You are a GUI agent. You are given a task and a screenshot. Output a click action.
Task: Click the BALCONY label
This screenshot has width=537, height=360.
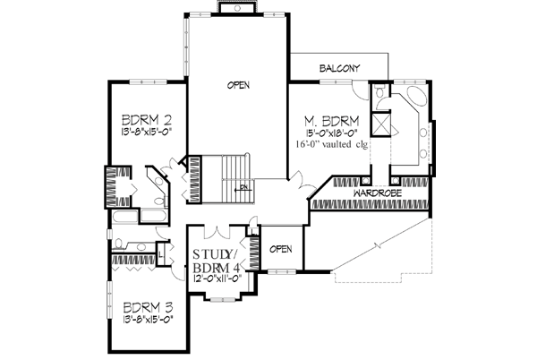[338, 68]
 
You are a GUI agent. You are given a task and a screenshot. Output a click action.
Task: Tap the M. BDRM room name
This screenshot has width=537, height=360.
[332, 119]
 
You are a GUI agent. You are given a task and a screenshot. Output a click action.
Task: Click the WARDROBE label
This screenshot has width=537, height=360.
[375, 193]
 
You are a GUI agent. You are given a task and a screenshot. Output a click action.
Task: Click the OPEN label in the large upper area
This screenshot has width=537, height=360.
[237, 85]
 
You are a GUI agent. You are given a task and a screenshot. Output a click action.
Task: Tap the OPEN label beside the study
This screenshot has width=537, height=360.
[282, 248]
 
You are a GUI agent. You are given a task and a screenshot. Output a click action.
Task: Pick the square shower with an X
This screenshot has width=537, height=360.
[382, 123]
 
